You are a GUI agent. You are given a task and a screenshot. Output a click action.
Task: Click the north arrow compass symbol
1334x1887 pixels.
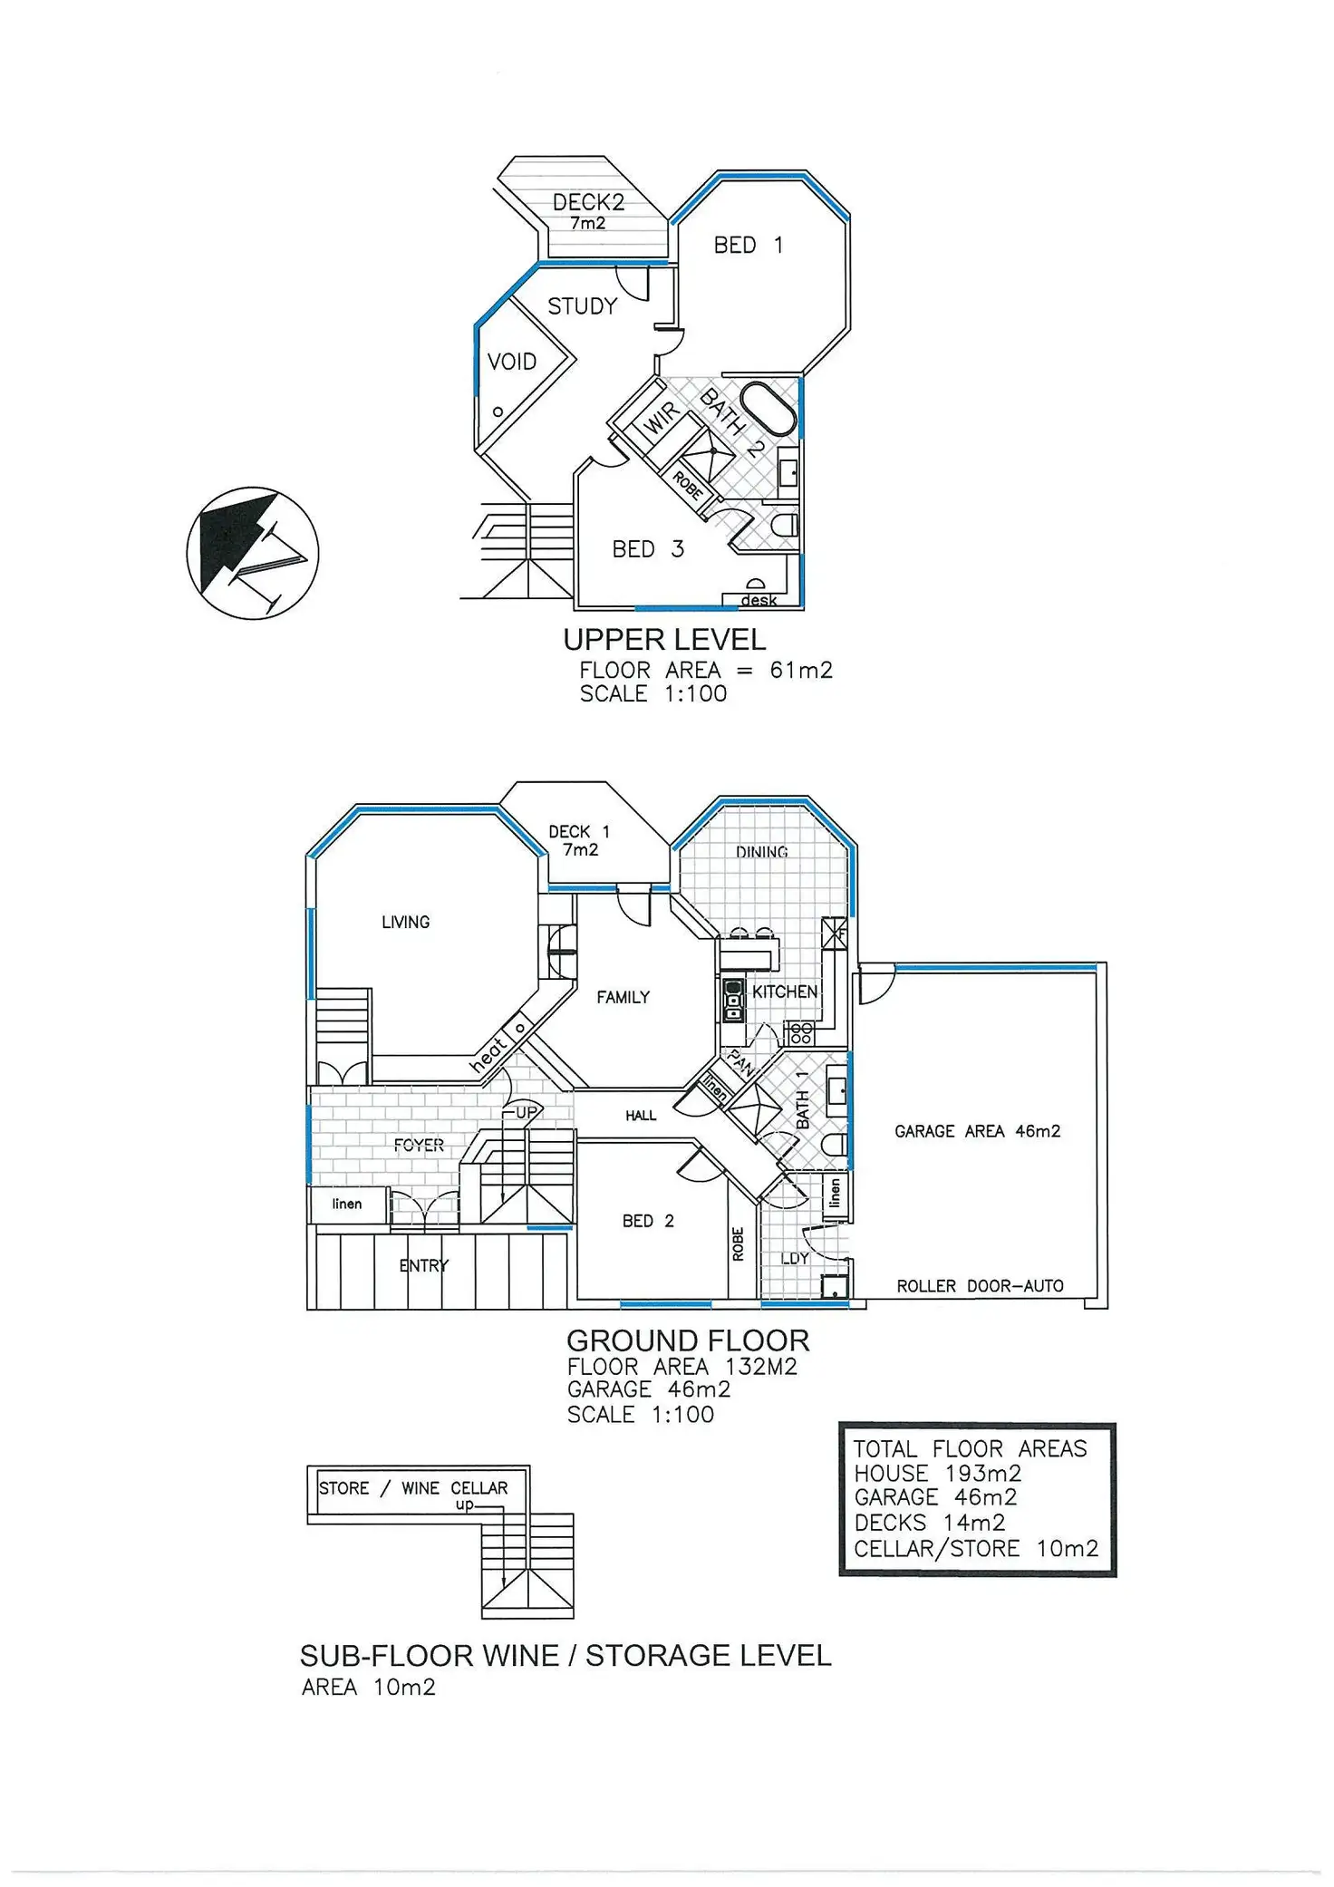click(253, 553)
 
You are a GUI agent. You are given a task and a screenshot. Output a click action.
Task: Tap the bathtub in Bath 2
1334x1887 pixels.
click(768, 409)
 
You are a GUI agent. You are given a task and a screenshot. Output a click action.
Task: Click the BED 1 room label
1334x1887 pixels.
click(748, 246)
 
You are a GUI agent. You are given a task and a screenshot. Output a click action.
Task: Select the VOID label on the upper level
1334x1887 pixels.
click(512, 362)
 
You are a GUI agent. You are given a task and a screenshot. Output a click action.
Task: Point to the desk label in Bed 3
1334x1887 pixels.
click(759, 600)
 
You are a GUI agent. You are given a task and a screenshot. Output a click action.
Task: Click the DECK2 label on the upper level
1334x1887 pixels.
click(588, 201)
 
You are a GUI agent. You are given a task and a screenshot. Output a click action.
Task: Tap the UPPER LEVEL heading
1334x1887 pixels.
click(664, 640)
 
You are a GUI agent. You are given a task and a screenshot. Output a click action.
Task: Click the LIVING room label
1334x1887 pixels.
click(405, 922)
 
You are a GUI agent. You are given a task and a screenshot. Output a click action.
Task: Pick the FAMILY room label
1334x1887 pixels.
click(623, 997)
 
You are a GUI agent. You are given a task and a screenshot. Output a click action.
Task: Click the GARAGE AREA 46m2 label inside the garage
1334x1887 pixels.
click(977, 1131)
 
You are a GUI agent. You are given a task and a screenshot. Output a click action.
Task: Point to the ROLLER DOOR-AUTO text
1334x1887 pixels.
click(980, 1286)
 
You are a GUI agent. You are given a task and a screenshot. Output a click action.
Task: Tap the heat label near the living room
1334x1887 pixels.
click(488, 1055)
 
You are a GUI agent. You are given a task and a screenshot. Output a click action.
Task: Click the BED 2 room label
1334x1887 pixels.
click(648, 1221)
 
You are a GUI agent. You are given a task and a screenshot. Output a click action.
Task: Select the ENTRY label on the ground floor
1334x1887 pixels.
click(423, 1265)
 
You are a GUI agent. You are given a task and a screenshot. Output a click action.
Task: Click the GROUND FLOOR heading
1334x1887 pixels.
click(688, 1340)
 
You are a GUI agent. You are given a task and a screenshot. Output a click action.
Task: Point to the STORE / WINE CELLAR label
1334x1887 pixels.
click(413, 1488)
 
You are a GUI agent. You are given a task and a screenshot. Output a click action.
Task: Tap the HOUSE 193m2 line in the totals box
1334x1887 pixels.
click(938, 1474)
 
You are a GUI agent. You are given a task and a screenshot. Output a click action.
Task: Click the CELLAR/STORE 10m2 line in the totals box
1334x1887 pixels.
click(976, 1549)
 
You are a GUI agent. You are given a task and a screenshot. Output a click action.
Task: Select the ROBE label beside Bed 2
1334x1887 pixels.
click(738, 1243)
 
